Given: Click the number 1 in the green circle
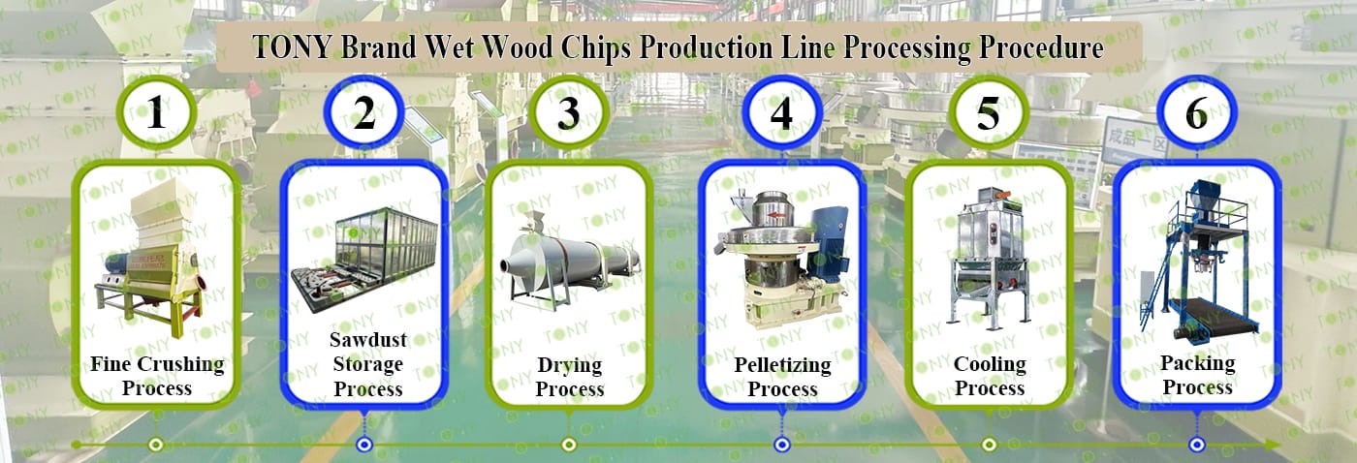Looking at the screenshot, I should [156, 113].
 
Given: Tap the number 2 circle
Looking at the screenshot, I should [364, 113].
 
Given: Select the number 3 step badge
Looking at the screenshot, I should [569, 113].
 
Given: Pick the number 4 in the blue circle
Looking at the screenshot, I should [781, 113].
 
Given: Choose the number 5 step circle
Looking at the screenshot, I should [988, 113].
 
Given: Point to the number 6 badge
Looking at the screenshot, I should [1197, 113].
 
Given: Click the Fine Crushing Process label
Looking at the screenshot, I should [157, 377].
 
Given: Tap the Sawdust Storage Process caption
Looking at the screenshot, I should [367, 365].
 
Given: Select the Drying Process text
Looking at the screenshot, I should [570, 377].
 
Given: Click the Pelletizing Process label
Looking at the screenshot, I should [782, 377].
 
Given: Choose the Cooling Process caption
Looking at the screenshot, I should [990, 377].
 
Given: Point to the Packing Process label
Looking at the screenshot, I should [1198, 375].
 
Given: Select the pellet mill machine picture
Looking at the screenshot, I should [781, 259].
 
